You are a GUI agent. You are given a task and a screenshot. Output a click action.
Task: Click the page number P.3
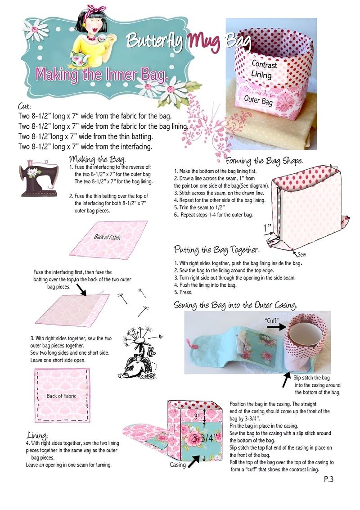point(329,479)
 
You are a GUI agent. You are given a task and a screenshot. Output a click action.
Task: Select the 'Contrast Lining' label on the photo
point(263,69)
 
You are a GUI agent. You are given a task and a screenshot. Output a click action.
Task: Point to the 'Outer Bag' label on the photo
point(258,100)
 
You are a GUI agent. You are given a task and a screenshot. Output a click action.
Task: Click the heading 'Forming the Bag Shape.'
point(265,161)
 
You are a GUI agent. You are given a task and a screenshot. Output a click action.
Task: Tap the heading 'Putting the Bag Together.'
point(216,250)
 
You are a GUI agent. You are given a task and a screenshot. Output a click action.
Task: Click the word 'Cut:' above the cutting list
point(25,106)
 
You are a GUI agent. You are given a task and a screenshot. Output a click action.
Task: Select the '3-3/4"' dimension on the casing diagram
point(202,438)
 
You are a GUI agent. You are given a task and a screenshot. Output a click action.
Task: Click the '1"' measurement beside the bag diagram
point(267,228)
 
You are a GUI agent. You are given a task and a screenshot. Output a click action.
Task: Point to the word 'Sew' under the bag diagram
point(301,255)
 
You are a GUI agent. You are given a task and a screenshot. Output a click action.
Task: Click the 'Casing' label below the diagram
point(178,465)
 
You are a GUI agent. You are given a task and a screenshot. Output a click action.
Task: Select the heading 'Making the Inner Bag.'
point(102,74)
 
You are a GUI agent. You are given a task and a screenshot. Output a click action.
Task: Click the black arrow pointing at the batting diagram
point(81,290)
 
